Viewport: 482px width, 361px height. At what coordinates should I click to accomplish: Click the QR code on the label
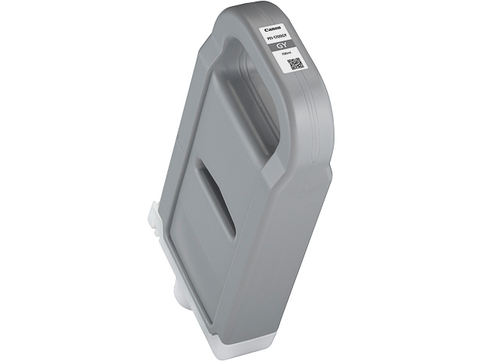tap(295, 64)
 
